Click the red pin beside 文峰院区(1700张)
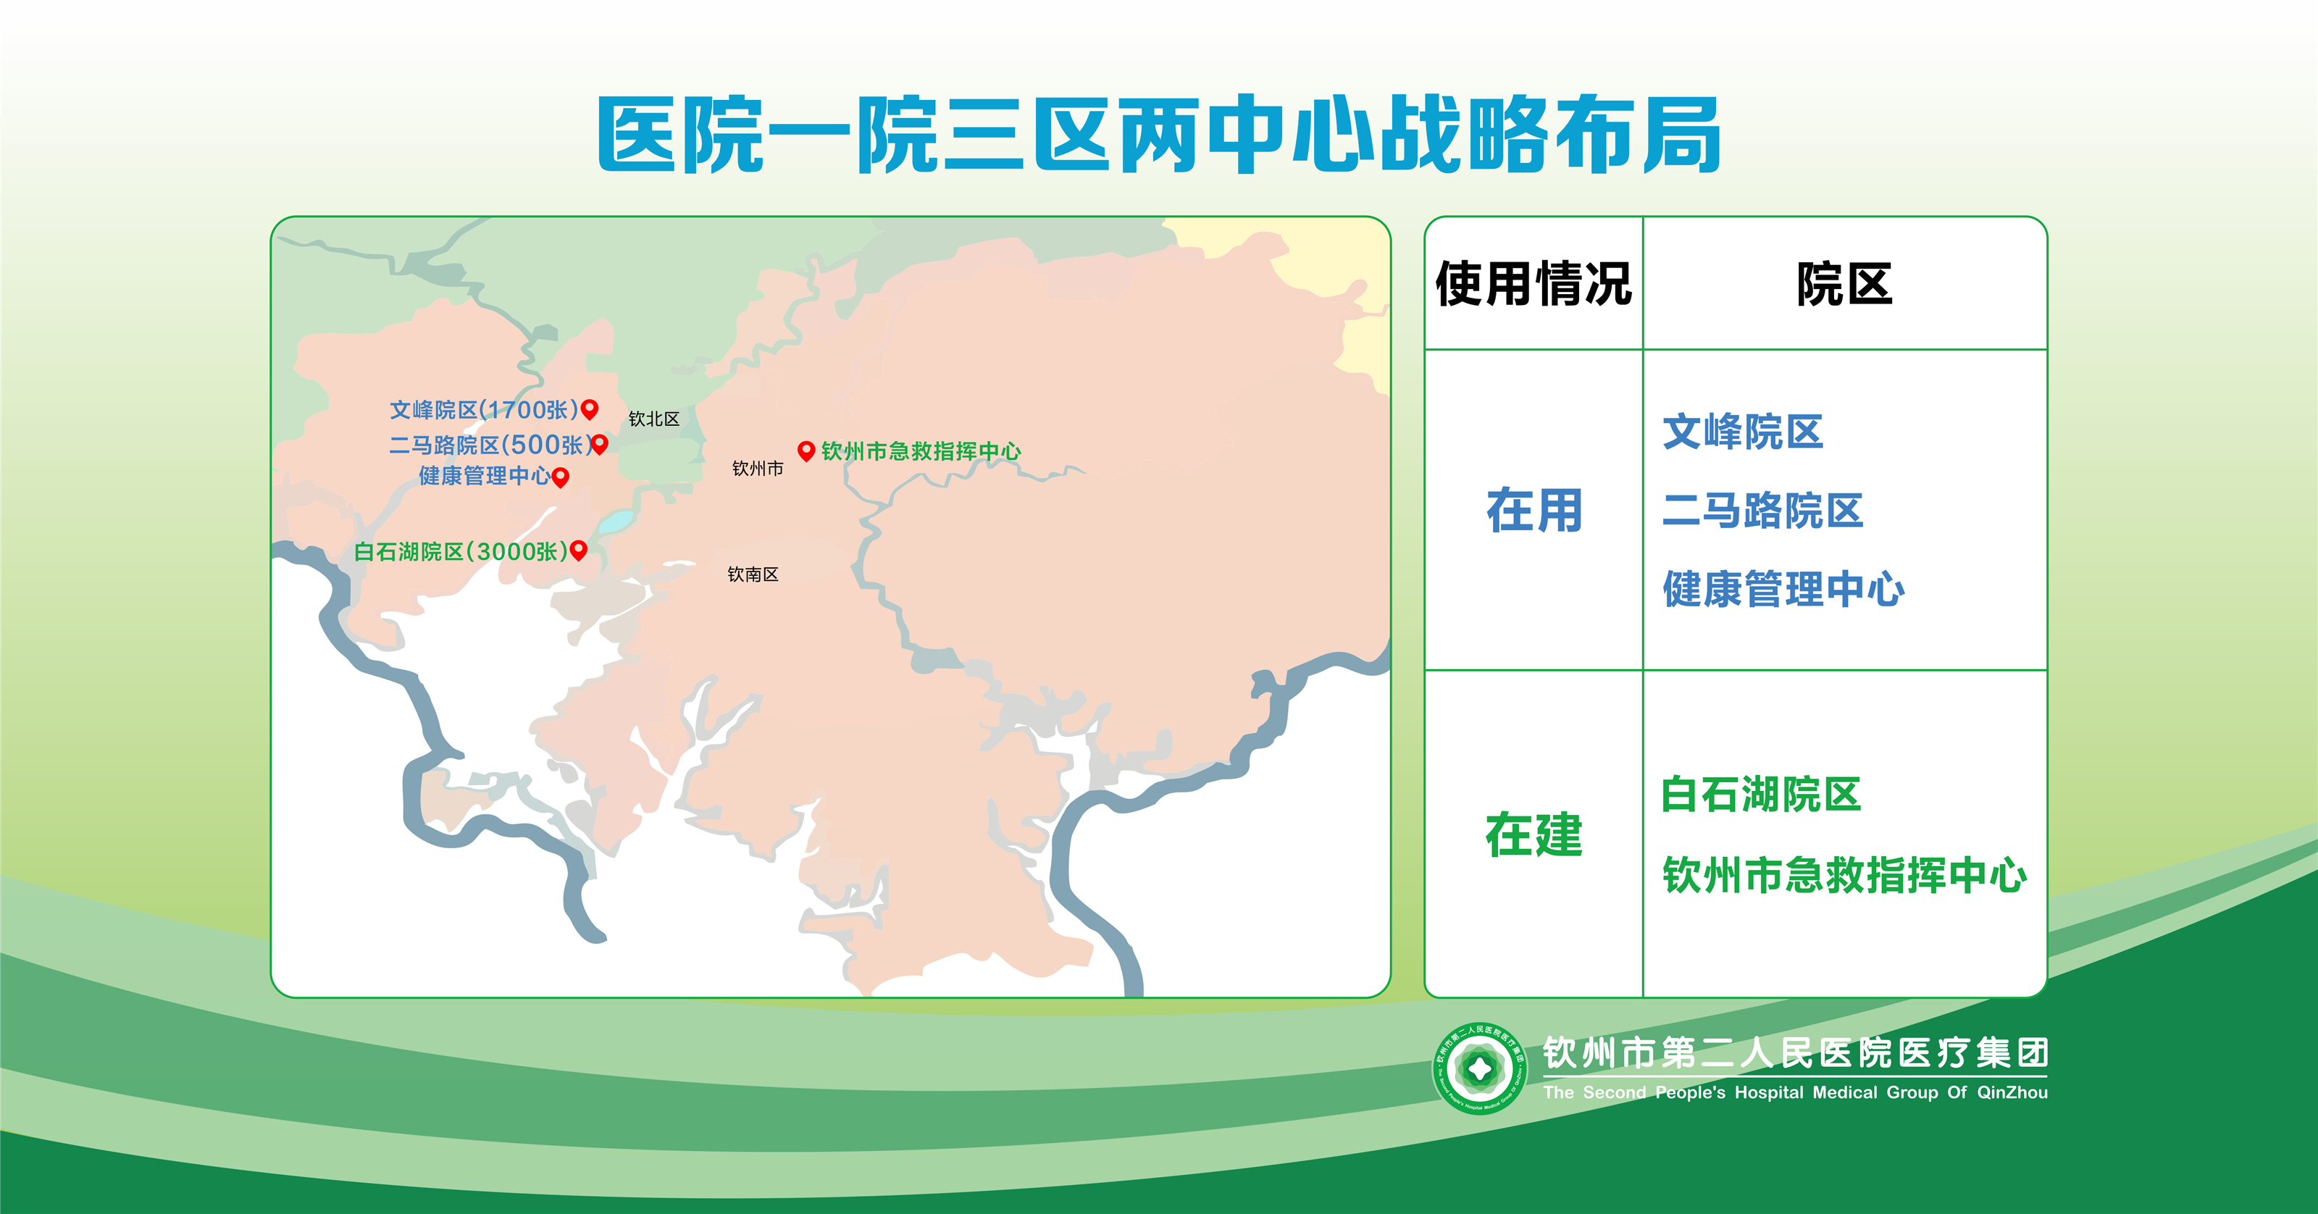point(590,409)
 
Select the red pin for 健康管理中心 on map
point(560,477)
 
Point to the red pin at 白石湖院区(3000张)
point(579,550)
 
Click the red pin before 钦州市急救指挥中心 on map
point(806,451)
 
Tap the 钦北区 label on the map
point(653,419)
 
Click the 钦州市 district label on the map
point(758,468)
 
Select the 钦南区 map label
point(753,574)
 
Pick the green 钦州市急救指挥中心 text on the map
point(921,451)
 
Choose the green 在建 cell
point(1534,834)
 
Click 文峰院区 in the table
point(1742,432)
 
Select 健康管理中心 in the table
point(1783,590)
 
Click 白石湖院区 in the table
point(1761,795)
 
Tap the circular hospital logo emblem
point(1479,1068)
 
